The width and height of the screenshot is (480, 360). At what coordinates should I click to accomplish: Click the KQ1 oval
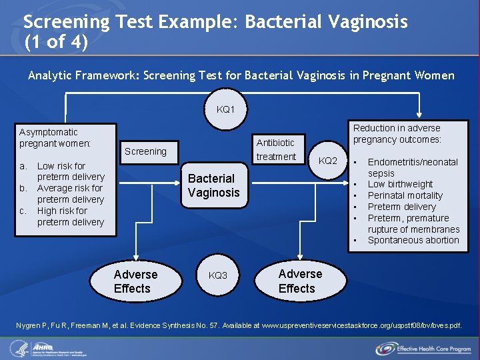click(x=226, y=109)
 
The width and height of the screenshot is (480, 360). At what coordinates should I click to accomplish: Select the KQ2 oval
click(x=328, y=161)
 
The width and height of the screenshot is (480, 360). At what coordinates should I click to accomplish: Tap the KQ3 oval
click(x=218, y=275)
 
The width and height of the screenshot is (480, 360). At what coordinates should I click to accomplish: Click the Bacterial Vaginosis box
click(x=213, y=185)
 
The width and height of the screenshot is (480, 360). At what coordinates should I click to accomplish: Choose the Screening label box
click(x=145, y=151)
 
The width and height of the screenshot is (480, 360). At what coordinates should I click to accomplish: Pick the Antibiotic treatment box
click(x=276, y=149)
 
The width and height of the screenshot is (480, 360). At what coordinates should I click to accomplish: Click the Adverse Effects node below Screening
click(x=136, y=281)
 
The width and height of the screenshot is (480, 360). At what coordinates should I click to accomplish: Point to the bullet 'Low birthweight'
click(x=400, y=184)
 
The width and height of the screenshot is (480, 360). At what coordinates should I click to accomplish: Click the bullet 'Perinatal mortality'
click(x=405, y=195)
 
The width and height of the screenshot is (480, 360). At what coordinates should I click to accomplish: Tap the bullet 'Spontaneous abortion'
click(x=413, y=240)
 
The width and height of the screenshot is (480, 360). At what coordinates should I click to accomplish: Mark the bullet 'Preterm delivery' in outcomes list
click(x=401, y=207)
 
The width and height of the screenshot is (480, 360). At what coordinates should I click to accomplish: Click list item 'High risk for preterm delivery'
click(x=70, y=216)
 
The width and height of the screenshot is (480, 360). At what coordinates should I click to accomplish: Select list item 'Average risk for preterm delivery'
click(x=70, y=193)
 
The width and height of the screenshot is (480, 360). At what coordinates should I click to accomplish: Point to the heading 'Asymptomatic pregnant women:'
click(x=55, y=138)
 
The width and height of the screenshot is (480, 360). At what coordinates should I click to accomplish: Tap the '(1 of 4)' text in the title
click(x=55, y=42)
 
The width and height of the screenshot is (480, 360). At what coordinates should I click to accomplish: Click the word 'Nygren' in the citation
click(x=31, y=325)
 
